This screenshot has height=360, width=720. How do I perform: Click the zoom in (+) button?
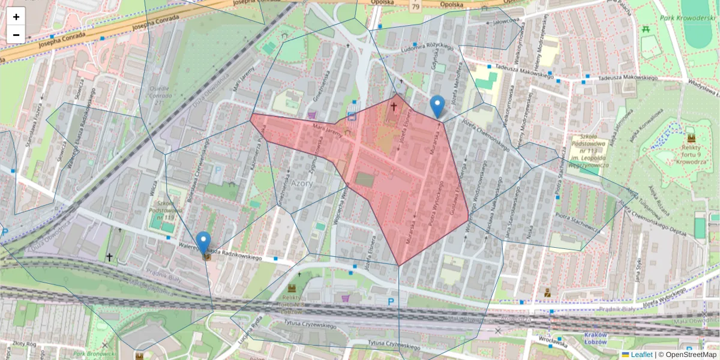[16, 17]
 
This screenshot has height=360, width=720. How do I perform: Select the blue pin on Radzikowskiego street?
[204, 242]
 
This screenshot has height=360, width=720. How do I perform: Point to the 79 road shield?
[416, 7]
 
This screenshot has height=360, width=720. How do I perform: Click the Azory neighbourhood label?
[302, 184]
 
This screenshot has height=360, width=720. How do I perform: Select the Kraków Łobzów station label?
[596, 338]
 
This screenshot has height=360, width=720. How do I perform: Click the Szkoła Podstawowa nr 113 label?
[588, 152]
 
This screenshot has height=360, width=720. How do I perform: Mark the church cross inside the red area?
[394, 107]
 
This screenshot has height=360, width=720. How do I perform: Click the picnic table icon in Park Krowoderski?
[646, 28]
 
